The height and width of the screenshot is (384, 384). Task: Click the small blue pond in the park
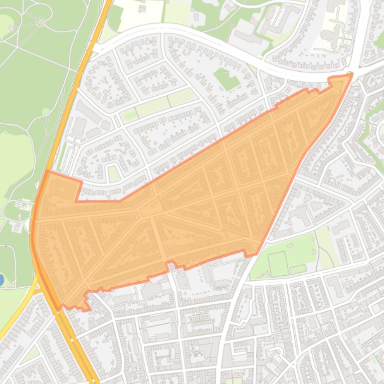coord(1,279)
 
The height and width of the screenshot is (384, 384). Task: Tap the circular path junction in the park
coord(40,21)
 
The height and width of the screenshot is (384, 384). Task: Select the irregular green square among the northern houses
coord(227,79)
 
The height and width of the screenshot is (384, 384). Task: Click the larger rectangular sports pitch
coord(278,261)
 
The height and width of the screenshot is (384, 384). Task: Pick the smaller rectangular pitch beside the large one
coord(298,269)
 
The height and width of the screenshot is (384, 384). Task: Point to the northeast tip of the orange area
coord(352,74)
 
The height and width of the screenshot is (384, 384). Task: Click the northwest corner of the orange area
coord(47,171)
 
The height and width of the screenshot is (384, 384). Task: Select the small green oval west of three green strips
coord(129,116)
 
